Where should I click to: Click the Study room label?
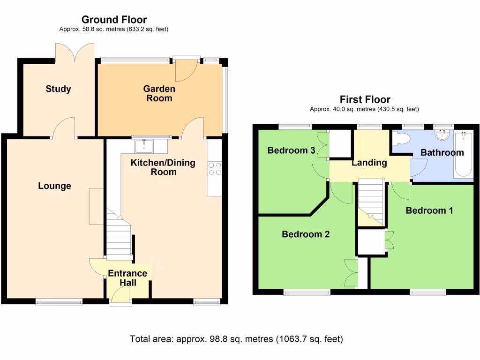[59, 89]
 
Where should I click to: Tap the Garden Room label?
[159, 93]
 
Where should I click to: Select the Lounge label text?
[54, 186]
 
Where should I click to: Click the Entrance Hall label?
[127, 278]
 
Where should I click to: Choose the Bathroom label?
[442, 152]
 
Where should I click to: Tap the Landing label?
[369, 163]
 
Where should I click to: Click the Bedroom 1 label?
[429, 210]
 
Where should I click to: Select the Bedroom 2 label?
[305, 234]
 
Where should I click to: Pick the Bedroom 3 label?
[291, 150]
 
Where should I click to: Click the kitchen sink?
[143, 146]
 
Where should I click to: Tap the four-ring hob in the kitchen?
[215, 168]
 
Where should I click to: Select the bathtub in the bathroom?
[464, 155]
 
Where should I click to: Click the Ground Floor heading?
[114, 20]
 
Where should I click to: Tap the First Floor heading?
[365, 99]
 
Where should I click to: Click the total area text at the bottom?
[236, 339]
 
